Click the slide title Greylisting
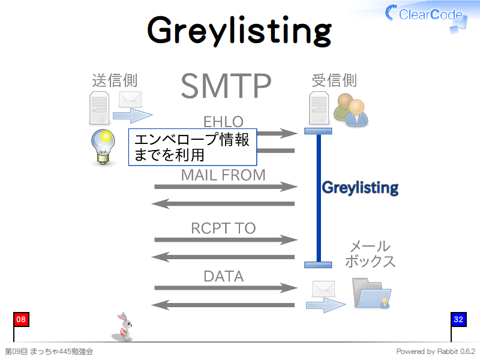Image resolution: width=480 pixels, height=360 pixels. tap(239, 31)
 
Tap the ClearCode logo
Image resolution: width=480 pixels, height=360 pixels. tap(426, 16)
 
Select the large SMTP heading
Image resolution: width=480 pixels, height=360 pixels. tap(226, 86)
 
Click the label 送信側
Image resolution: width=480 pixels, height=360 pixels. tap(115, 80)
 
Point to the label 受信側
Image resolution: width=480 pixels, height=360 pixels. tap(334, 80)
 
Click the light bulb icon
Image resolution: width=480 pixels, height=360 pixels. tap(103, 147)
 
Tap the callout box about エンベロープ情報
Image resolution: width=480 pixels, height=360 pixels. tap(193, 147)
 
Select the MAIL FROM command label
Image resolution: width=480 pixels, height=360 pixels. tap(223, 175)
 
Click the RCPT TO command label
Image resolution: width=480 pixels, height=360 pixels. tap(223, 228)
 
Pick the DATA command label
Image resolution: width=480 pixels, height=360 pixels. tap(224, 276)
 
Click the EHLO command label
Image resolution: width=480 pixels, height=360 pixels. tap(223, 122)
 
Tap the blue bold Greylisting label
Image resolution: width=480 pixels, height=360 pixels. tap(360, 188)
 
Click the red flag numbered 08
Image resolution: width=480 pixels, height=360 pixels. tap(21, 320)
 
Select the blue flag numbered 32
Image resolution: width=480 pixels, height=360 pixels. tap(458, 320)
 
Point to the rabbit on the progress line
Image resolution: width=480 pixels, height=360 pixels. tap(123, 327)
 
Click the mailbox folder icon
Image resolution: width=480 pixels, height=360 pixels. tap(371, 293)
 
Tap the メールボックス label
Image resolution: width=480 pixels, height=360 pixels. tap(370, 254)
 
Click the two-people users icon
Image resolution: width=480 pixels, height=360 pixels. tap(351, 110)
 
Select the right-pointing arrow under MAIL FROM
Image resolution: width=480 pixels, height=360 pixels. tap(226, 187)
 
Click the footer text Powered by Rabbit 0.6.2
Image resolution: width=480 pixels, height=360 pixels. tap(436, 352)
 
